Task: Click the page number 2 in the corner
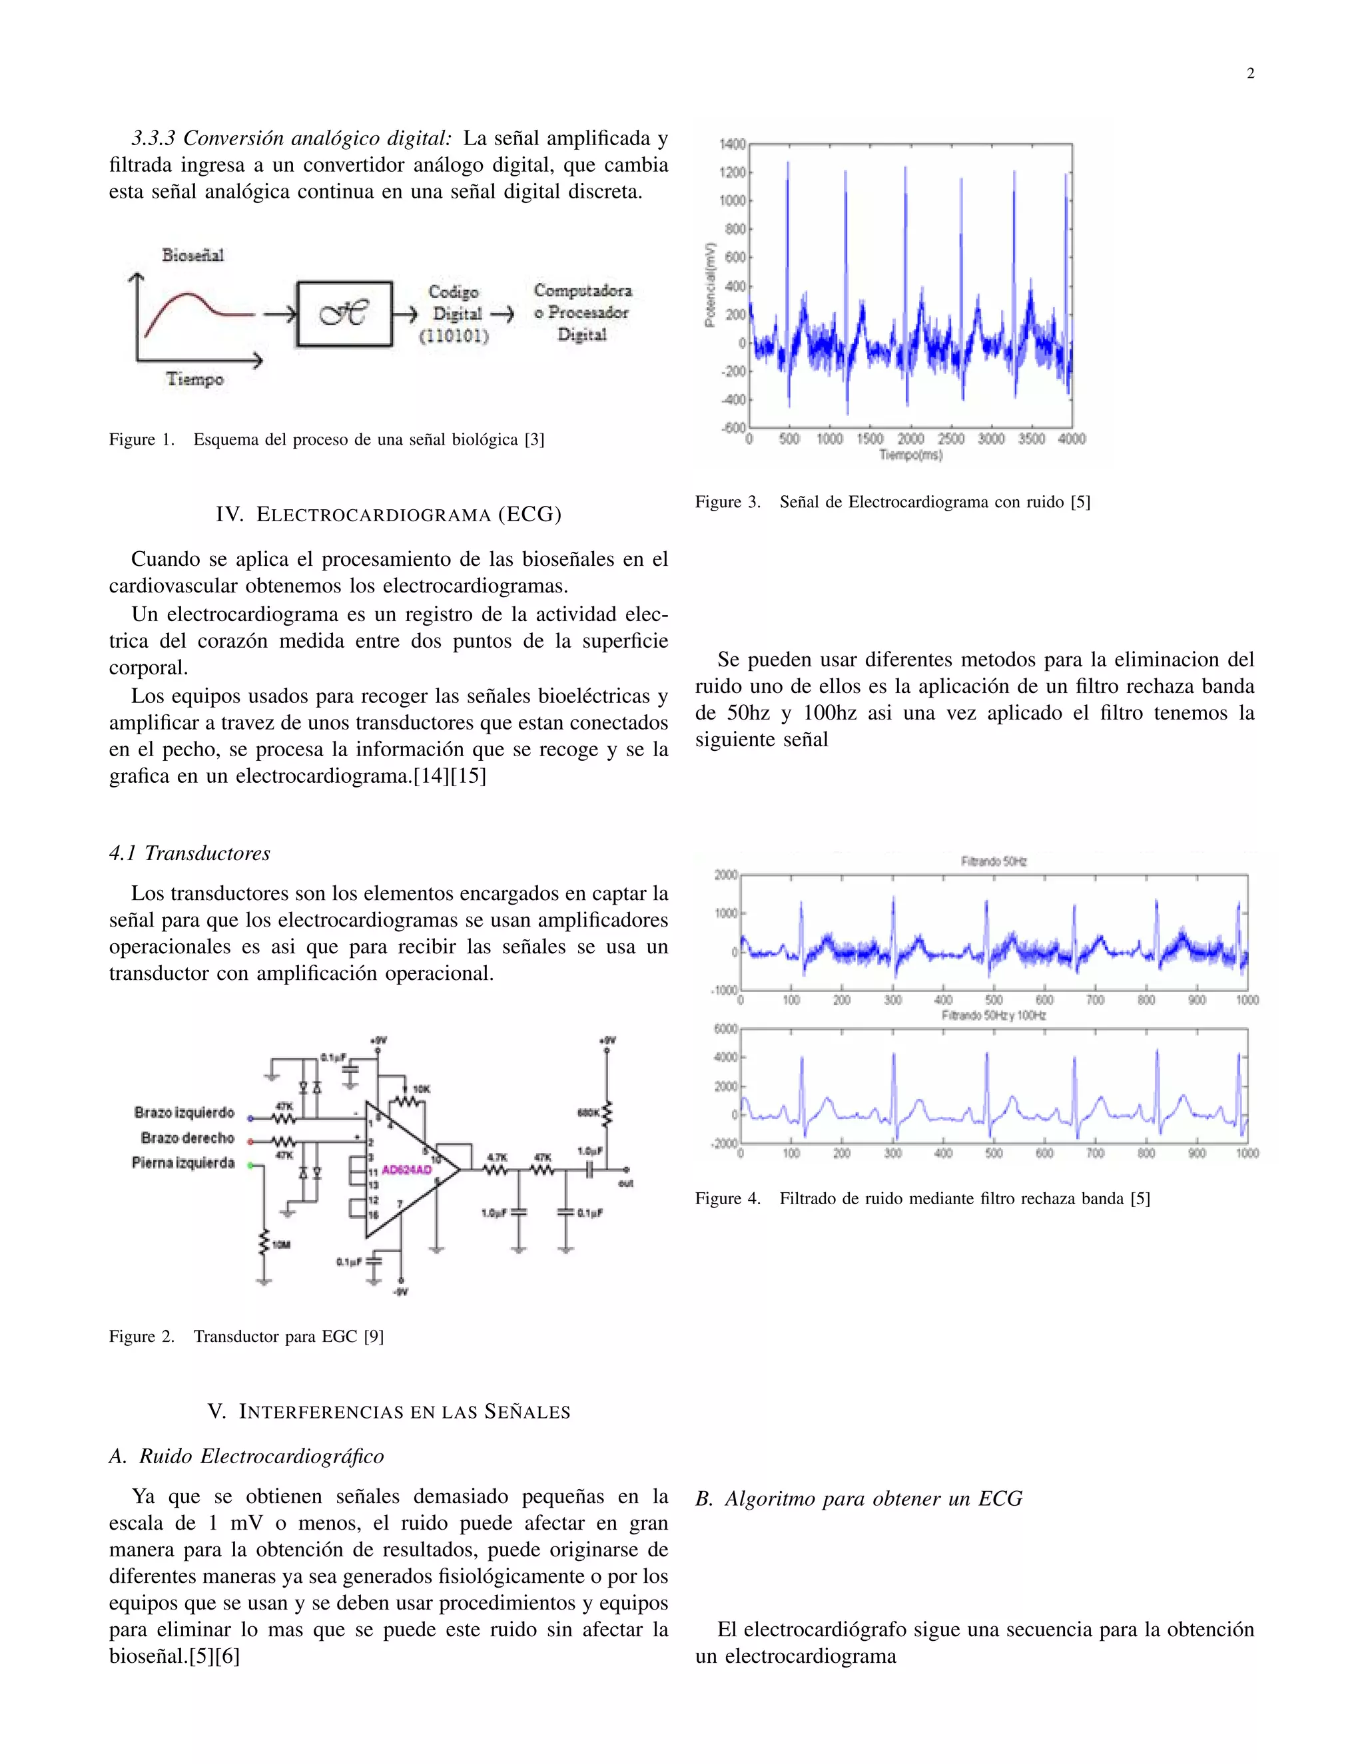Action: tap(1250, 73)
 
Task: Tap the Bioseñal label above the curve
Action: tap(192, 255)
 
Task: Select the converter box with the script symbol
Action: tap(344, 314)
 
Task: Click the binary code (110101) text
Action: tap(454, 336)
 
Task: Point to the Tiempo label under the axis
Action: tap(194, 379)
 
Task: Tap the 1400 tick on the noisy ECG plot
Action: tap(732, 144)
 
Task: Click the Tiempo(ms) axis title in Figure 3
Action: tap(910, 455)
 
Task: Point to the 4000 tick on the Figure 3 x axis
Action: tap(1072, 439)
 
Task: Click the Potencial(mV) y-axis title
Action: tap(710, 285)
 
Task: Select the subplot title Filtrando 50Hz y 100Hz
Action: tap(993, 1015)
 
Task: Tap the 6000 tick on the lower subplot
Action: tap(726, 1029)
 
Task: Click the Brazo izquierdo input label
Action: tap(184, 1113)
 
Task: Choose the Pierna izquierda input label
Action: tap(183, 1163)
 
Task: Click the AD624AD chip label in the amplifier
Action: tap(406, 1170)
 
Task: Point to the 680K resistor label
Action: tap(587, 1113)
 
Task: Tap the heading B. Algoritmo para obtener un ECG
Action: tap(859, 1499)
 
